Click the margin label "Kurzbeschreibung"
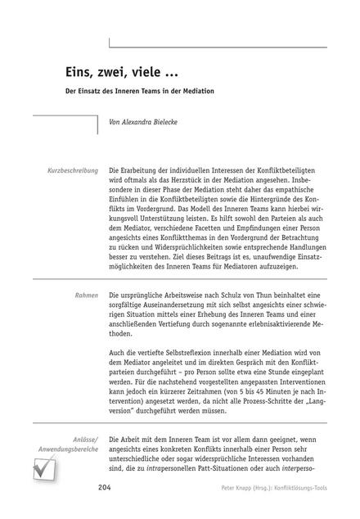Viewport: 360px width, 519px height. point(70,169)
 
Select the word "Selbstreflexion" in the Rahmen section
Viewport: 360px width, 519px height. point(184,352)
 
